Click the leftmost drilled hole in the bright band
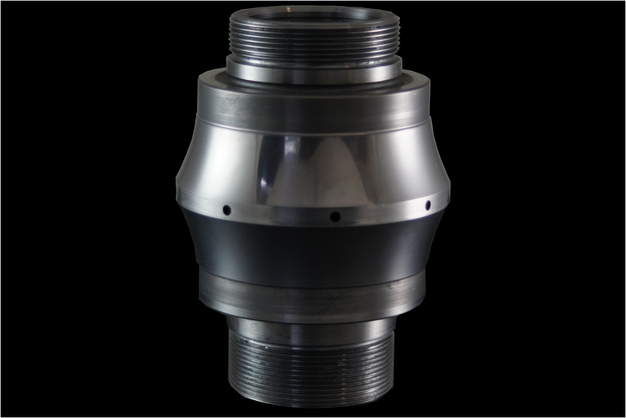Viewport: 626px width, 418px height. (227, 209)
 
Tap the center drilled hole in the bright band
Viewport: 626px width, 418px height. (335, 217)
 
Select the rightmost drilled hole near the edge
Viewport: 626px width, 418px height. (428, 205)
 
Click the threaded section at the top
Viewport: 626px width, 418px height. (315, 37)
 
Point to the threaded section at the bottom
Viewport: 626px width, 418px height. (312, 369)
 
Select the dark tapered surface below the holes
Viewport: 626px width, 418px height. (312, 250)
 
